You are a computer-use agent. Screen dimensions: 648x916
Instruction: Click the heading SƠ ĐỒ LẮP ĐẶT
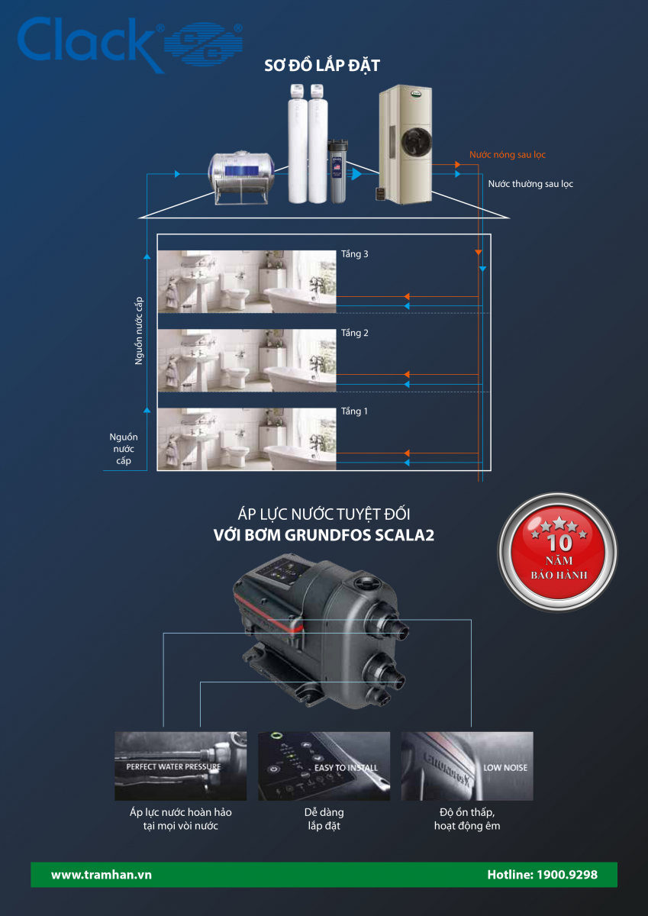click(322, 66)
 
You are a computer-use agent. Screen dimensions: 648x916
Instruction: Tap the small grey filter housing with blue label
click(337, 171)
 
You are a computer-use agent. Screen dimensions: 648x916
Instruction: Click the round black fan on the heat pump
click(416, 141)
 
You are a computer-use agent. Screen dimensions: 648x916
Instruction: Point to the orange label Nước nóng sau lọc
click(508, 154)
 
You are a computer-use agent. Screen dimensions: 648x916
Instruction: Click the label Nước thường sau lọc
click(530, 184)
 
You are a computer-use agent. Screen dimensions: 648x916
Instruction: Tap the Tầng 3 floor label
click(354, 254)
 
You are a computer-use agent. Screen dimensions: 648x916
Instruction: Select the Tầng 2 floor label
click(354, 333)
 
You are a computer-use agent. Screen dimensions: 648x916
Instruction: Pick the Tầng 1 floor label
click(354, 411)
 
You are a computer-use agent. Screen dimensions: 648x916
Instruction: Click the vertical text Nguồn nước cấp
click(139, 331)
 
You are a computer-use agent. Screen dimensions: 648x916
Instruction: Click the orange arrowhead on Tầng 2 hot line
click(407, 374)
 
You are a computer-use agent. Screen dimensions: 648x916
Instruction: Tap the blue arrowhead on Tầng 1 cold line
click(407, 463)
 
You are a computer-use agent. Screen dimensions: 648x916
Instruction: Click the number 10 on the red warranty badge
click(559, 543)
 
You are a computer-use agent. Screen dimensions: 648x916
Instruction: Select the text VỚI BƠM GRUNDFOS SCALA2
click(324, 535)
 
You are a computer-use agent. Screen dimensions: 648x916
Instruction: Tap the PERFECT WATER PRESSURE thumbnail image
click(181, 766)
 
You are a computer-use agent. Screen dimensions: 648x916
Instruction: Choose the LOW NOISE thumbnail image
click(467, 766)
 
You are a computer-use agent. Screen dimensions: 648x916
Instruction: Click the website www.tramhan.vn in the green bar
click(102, 875)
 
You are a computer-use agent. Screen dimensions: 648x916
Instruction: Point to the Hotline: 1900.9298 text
click(542, 875)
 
